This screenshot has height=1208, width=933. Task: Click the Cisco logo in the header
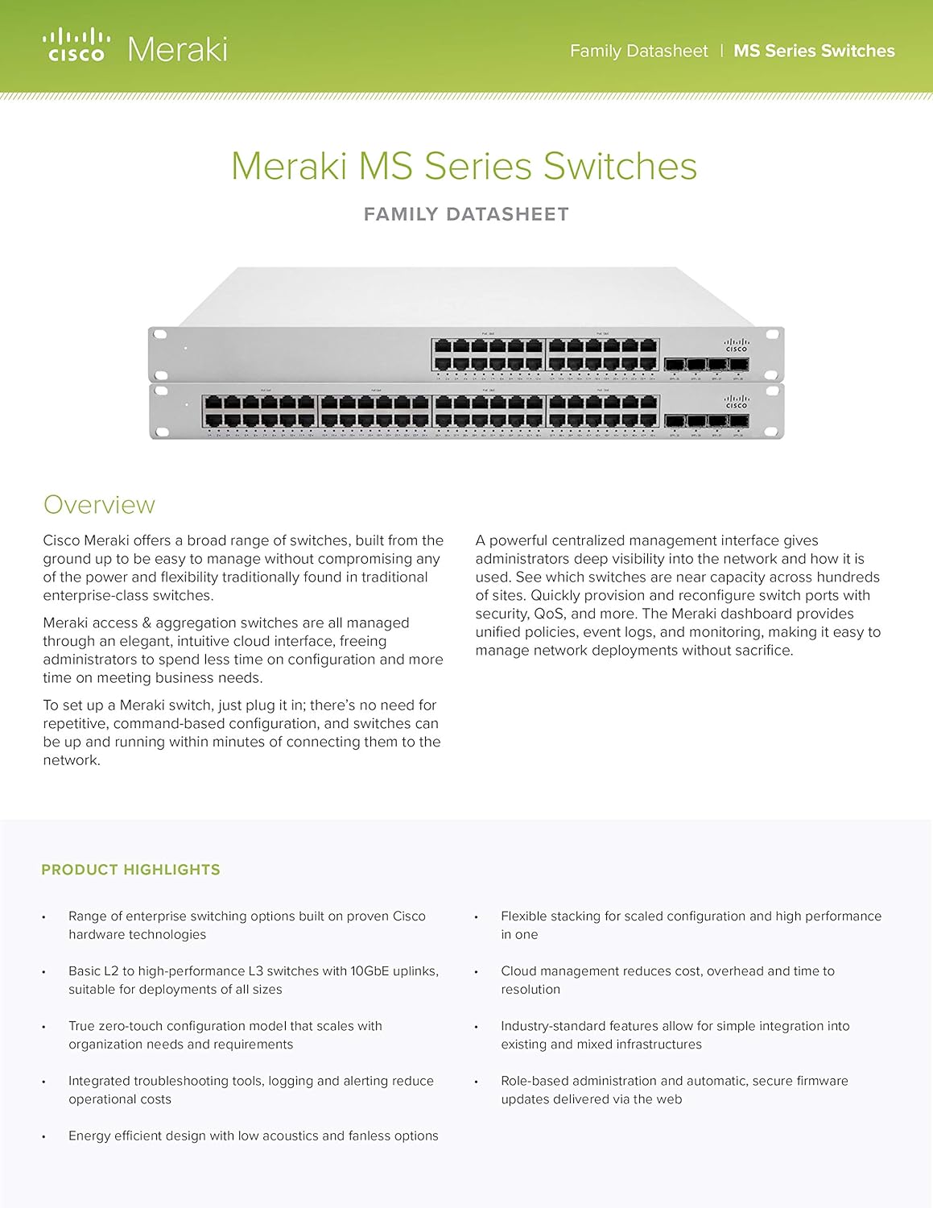[76, 45]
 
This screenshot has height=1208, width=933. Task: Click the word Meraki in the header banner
[177, 50]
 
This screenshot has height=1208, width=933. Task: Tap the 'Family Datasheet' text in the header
[638, 51]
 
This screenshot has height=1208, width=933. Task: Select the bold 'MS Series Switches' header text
[814, 51]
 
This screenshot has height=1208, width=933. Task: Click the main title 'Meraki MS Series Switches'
[464, 167]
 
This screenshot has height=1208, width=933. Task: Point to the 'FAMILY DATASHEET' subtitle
[466, 214]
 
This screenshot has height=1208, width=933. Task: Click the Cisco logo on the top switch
[736, 345]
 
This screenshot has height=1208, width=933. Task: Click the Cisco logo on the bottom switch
[736, 401]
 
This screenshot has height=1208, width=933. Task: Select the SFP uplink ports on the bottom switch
[706, 421]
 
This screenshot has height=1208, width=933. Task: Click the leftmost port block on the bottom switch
[259, 411]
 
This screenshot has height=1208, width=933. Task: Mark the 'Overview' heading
[99, 505]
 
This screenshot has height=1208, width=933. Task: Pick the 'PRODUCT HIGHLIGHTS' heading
[130, 870]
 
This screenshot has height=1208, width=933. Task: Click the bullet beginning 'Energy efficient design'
[253, 1136]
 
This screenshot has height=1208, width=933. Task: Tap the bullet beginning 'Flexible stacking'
[690, 925]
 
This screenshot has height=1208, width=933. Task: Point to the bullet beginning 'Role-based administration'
[674, 1090]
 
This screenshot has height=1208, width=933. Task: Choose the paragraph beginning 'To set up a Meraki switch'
[242, 732]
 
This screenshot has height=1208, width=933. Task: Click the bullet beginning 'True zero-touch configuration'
[225, 1035]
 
